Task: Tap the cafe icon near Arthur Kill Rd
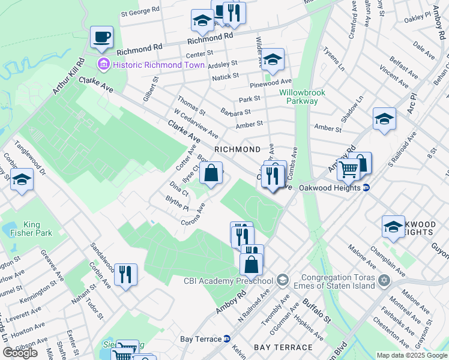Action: click(x=101, y=37)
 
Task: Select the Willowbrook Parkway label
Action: click(x=298, y=97)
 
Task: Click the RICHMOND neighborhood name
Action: click(x=238, y=149)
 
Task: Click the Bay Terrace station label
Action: click(x=201, y=339)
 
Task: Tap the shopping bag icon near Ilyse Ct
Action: click(x=211, y=174)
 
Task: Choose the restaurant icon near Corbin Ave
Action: click(x=126, y=275)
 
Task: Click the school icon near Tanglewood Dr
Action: click(x=22, y=180)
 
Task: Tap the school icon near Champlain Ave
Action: click(x=393, y=227)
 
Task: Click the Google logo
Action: click(x=20, y=353)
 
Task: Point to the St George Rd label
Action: click(x=140, y=11)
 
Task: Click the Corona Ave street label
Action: click(x=193, y=215)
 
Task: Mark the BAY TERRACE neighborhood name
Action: click(x=283, y=347)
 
